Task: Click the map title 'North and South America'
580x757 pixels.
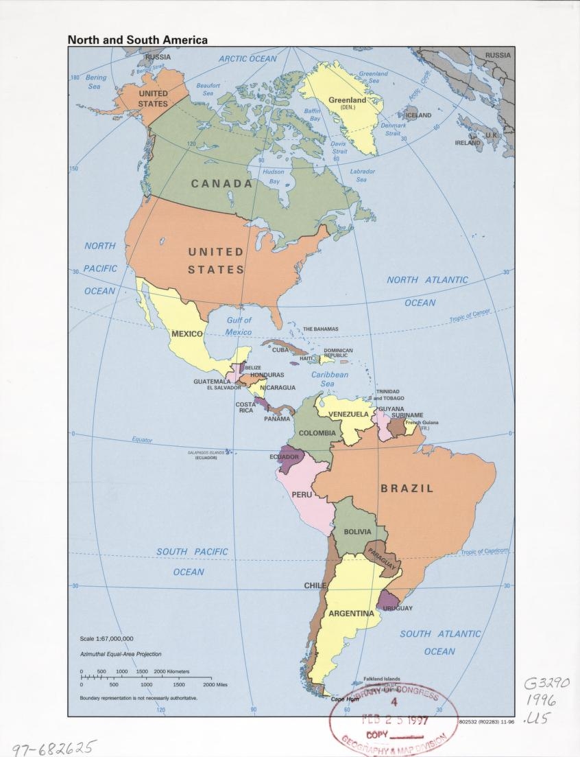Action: tap(137, 40)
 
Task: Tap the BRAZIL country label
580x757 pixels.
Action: tap(407, 489)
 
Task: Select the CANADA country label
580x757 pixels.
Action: tap(221, 184)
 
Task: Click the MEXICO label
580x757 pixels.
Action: tap(186, 334)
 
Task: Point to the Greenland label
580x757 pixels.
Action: tap(347, 100)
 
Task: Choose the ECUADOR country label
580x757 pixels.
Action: tap(284, 456)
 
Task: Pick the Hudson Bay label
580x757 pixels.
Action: tap(274, 176)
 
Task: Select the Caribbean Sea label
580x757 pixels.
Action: tap(330, 380)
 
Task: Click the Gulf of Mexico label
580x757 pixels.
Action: tap(239, 326)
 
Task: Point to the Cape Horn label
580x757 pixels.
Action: tap(345, 699)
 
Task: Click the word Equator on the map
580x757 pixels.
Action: tap(142, 440)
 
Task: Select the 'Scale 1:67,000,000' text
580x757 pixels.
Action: tap(107, 638)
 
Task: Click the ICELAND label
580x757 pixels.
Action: tap(418, 115)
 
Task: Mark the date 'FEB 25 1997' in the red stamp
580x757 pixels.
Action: tap(394, 721)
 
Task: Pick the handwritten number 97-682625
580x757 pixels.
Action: tap(54, 747)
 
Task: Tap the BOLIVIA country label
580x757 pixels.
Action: tap(357, 532)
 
